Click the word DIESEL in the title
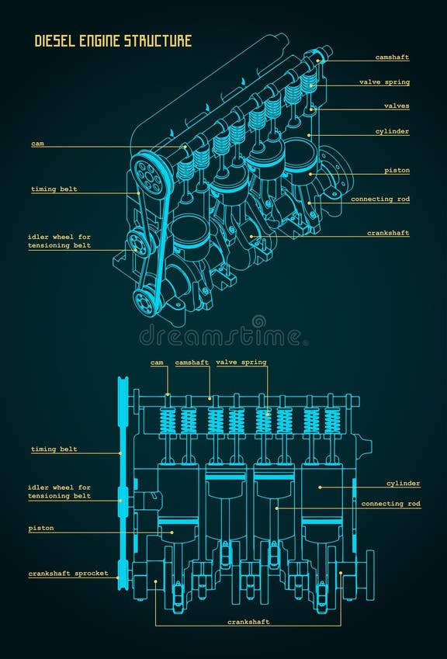pyautogui.click(x=55, y=41)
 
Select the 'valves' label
pyautogui.click(x=396, y=106)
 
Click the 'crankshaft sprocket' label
pyautogui.click(x=68, y=574)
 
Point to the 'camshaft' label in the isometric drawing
pyautogui.click(x=392, y=57)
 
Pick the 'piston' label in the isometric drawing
pyautogui.click(x=397, y=171)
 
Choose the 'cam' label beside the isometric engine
pyautogui.click(x=37, y=144)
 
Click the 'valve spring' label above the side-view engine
pyautogui.click(x=241, y=362)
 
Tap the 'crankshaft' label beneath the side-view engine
pyautogui.click(x=248, y=622)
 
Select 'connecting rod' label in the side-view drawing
pyautogui.click(x=390, y=504)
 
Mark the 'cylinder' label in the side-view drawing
pyautogui.click(x=403, y=484)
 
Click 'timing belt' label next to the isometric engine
pyautogui.click(x=54, y=189)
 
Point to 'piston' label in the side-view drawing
pyautogui.click(x=41, y=529)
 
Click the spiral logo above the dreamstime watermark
pyautogui.click(x=258, y=321)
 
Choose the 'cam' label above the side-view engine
pyautogui.click(x=158, y=362)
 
